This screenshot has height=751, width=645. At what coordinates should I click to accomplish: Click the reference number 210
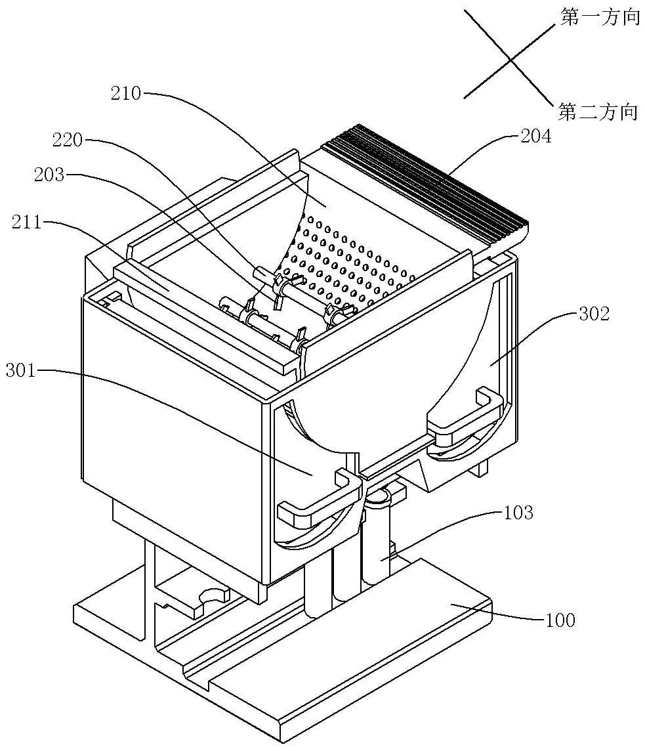[127, 94]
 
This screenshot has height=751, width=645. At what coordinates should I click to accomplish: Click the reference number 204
[536, 137]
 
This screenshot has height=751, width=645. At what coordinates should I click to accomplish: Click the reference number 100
[559, 619]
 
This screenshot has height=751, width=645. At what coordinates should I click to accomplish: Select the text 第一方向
[599, 18]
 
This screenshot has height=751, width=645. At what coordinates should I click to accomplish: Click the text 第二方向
[598, 112]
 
